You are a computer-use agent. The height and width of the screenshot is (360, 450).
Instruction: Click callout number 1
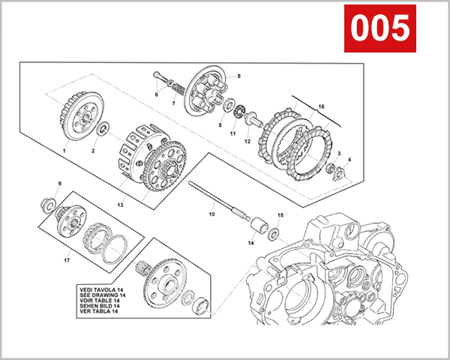coord(65,151)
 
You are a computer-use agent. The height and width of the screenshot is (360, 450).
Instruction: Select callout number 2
coord(94,151)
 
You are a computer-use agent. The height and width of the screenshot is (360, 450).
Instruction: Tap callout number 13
coord(121,204)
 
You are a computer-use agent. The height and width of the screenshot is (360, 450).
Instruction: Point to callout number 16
coord(322,107)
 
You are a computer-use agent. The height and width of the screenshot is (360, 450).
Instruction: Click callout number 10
coord(211,214)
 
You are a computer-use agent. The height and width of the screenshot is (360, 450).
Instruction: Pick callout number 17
coord(67,262)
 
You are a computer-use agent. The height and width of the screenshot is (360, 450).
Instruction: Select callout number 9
coord(60,184)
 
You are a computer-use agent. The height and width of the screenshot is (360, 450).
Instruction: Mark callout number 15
coord(280,215)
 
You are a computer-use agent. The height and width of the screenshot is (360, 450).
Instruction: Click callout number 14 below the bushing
coord(250,243)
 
